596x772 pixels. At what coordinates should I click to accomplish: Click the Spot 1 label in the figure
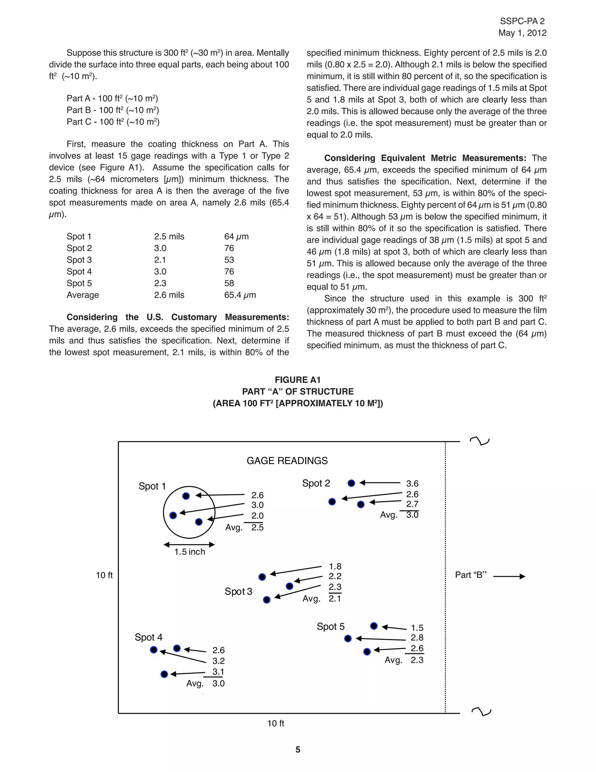(152, 487)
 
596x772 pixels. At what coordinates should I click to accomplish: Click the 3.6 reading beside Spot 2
(412, 484)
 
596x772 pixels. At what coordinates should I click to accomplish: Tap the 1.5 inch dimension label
(190, 552)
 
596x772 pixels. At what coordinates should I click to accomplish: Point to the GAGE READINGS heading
(287, 461)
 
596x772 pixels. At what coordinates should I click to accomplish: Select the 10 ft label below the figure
(276, 724)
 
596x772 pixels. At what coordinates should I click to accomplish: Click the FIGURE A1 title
(298, 380)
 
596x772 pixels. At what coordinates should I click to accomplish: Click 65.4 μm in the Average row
(240, 295)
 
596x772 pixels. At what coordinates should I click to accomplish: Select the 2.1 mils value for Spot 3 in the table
(160, 260)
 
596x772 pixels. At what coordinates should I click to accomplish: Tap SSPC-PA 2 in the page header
(522, 22)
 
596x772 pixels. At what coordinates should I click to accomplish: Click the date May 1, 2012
(522, 33)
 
